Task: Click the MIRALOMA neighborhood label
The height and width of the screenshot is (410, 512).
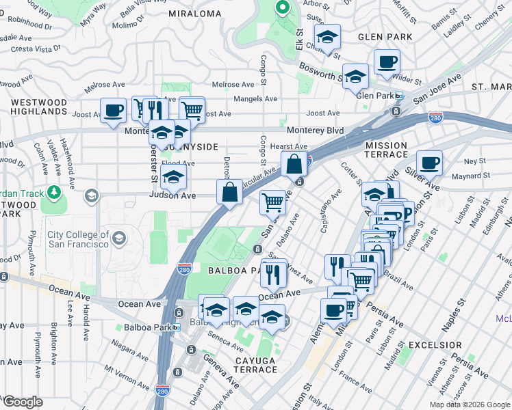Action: click(x=195, y=14)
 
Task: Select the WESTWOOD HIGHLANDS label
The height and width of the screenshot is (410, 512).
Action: click(x=39, y=107)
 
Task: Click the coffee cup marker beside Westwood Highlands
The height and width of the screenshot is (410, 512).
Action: click(x=113, y=110)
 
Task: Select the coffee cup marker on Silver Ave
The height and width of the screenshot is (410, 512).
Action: click(x=429, y=163)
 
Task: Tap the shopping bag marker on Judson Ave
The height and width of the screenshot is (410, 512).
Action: click(x=229, y=191)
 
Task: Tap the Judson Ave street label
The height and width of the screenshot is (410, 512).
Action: click(x=172, y=196)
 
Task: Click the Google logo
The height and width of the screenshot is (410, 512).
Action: click(x=23, y=402)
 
